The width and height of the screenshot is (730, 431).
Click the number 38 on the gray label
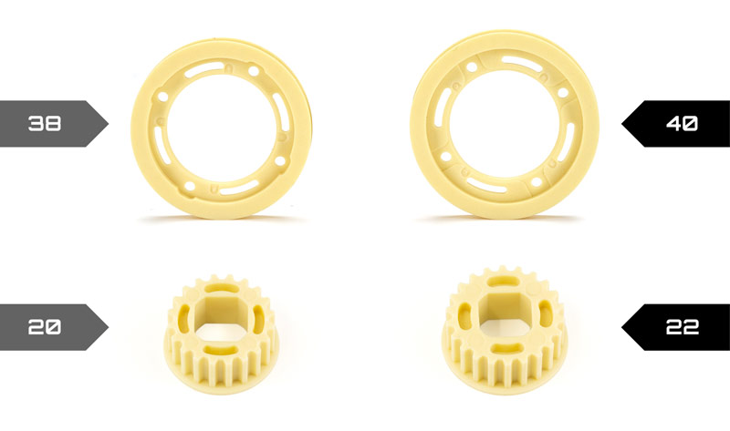pyautogui.click(x=45, y=124)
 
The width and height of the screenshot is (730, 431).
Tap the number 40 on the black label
pyautogui.click(x=682, y=124)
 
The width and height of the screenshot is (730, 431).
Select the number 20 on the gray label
pyautogui.click(x=45, y=327)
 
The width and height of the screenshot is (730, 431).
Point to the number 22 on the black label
pyautogui.click(x=682, y=327)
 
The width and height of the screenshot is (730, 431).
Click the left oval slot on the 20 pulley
pyautogui.click(x=184, y=316)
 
